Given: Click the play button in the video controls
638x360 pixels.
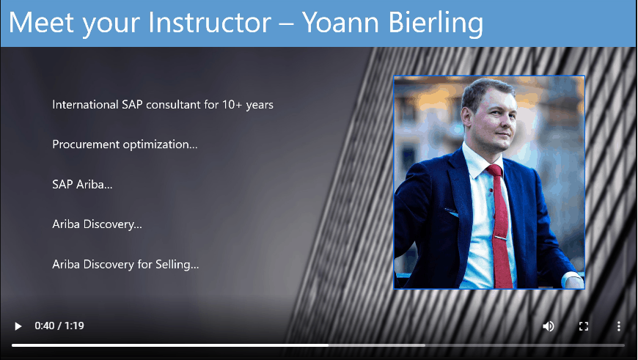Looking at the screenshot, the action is pyautogui.click(x=18, y=326).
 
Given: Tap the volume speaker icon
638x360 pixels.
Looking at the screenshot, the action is pyautogui.click(x=548, y=326).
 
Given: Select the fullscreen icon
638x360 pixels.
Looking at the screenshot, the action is pyautogui.click(x=584, y=326).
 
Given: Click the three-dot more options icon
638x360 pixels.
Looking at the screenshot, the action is pyautogui.click(x=618, y=326).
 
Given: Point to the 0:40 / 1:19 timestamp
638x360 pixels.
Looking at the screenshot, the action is pyautogui.click(x=59, y=326).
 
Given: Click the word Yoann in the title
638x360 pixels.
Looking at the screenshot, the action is pyautogui.click(x=341, y=23).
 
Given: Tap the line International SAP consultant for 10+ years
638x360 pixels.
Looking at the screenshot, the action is pyautogui.click(x=163, y=105).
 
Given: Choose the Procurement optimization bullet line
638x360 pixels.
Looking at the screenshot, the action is pyautogui.click(x=125, y=145).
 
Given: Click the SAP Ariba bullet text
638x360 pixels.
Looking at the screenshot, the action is pyautogui.click(x=82, y=185).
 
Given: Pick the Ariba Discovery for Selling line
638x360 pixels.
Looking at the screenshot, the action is pyautogui.click(x=125, y=265).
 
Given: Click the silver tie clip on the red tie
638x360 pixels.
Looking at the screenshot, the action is pyautogui.click(x=500, y=238).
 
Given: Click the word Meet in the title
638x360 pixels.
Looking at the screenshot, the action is pyautogui.click(x=43, y=23).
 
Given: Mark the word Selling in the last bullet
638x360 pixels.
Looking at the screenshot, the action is pyautogui.click(x=177, y=265).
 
